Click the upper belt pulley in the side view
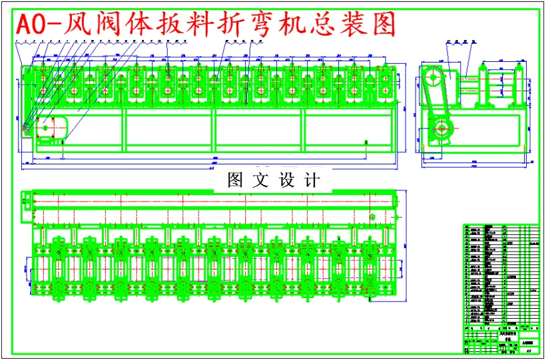coord(433,77)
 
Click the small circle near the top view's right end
coord(372,216)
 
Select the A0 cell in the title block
coord(528,349)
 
